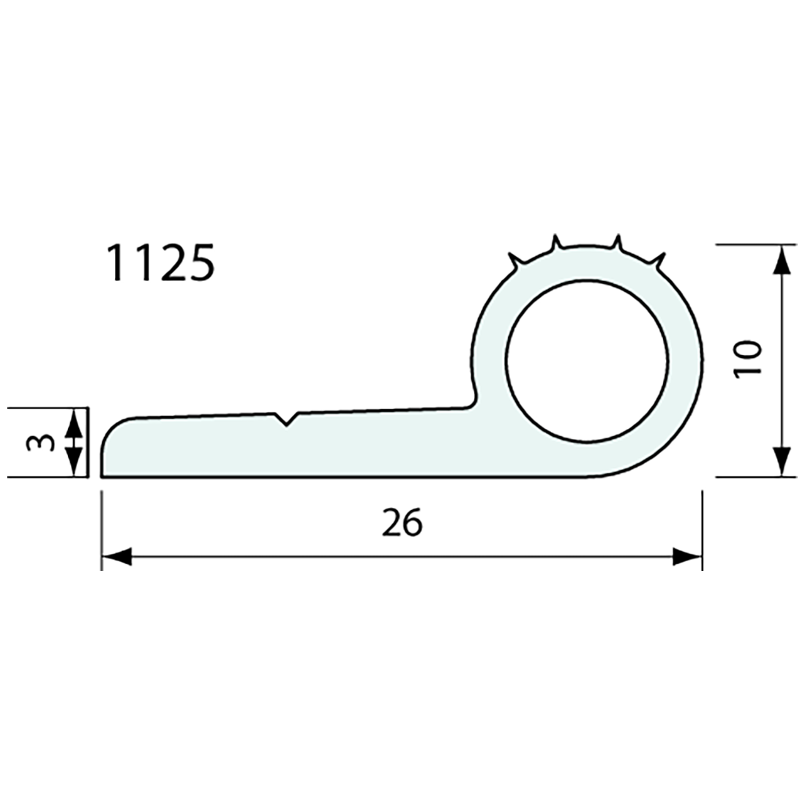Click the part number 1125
click(160, 263)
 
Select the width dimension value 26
click(402, 523)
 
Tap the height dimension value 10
click(750, 359)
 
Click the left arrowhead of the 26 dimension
click(116, 558)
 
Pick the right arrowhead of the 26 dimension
click(687, 558)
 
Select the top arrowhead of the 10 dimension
click(782, 259)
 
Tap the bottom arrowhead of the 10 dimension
click(782, 462)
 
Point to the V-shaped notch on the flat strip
click(286, 420)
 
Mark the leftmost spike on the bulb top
click(517, 260)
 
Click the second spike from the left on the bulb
click(556, 242)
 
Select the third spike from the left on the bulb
click(617, 242)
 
